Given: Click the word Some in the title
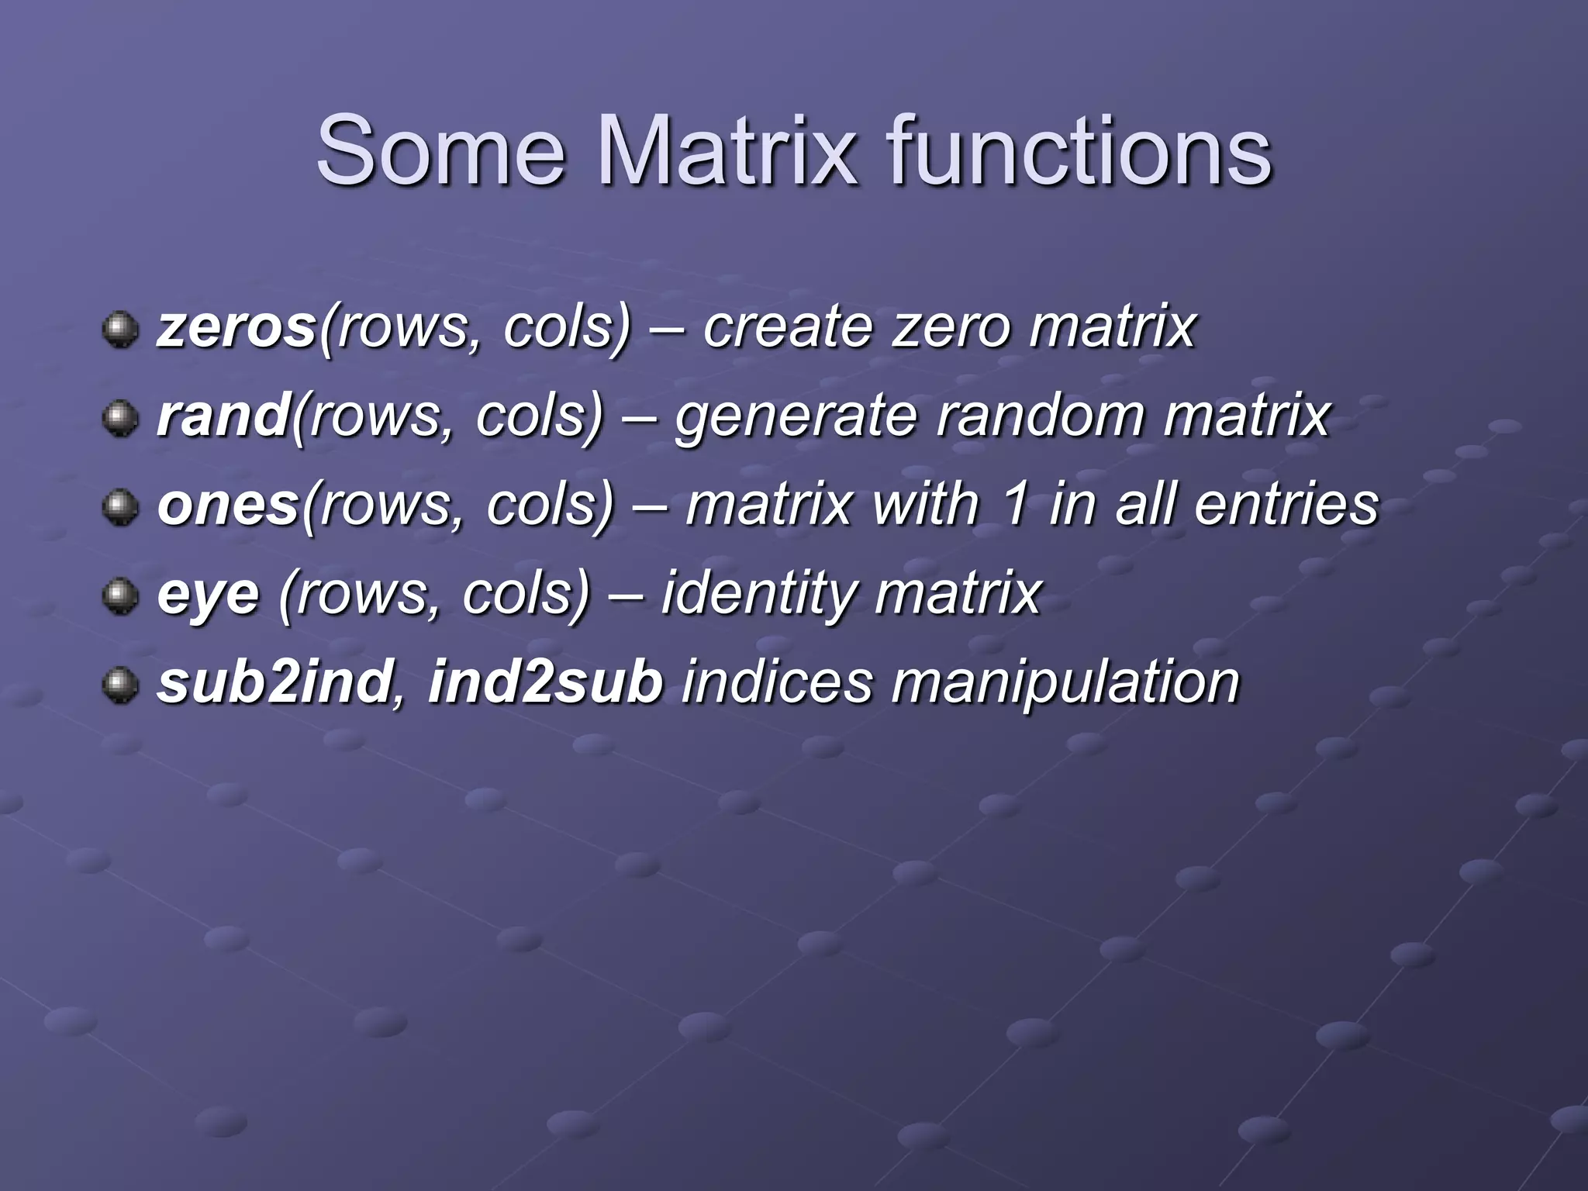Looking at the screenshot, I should pyautogui.click(x=440, y=151).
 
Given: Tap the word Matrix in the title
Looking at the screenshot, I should pyautogui.click(x=727, y=151).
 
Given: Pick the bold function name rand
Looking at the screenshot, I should pyautogui.click(x=223, y=416).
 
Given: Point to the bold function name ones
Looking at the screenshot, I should pyautogui.click(x=228, y=506).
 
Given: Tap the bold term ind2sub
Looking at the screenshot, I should pyautogui.click(x=545, y=682).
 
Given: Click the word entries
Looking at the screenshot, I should pyautogui.click(x=1286, y=505).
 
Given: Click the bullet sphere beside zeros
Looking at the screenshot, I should pyautogui.click(x=120, y=331).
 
